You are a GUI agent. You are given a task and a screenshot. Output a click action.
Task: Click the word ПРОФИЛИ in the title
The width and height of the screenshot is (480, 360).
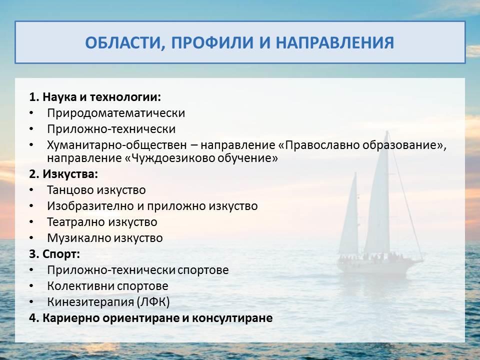click(212, 42)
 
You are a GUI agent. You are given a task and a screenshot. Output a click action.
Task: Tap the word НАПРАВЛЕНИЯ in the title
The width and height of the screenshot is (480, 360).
click(335, 42)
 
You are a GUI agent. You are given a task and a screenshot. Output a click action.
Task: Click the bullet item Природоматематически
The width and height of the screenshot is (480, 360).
click(116, 113)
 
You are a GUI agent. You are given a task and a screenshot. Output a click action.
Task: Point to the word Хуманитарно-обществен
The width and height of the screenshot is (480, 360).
click(116, 145)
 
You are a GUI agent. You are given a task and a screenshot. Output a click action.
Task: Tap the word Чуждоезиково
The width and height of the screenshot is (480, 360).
click(173, 158)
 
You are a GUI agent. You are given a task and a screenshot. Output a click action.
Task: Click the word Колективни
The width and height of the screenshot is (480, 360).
click(80, 286)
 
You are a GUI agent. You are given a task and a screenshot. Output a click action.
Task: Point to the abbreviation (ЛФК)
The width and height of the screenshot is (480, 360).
click(153, 302)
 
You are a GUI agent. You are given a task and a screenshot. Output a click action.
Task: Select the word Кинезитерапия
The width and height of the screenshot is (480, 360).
click(90, 302)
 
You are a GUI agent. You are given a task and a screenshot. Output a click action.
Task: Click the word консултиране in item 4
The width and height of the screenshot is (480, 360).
click(232, 318)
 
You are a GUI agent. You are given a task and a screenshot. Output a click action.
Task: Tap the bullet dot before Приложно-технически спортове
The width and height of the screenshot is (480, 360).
click(31, 270)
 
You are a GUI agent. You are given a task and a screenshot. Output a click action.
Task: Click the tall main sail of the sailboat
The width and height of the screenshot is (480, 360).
click(378, 199)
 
